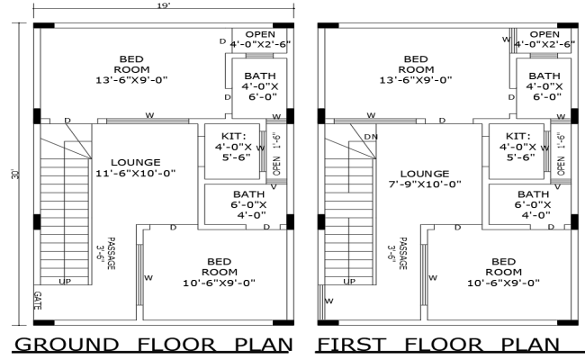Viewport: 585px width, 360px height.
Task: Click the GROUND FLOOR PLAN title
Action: click(x=155, y=344)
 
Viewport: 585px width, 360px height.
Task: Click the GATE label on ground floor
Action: click(x=37, y=299)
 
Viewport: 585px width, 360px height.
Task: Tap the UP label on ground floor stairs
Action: click(x=65, y=282)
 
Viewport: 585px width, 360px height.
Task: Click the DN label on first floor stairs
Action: click(x=371, y=136)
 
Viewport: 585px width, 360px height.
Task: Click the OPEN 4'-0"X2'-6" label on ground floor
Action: click(x=261, y=39)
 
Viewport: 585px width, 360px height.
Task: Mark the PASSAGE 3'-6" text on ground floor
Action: click(x=107, y=254)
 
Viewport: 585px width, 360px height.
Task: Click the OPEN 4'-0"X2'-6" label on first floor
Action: click(x=544, y=39)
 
